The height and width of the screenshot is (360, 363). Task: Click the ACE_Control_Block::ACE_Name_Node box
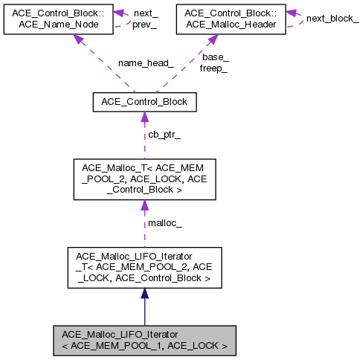(x=57, y=19)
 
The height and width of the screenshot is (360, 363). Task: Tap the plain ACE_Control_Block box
(x=144, y=102)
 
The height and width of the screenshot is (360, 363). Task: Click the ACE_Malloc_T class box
(x=144, y=179)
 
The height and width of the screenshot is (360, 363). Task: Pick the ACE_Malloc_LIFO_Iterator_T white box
(x=144, y=269)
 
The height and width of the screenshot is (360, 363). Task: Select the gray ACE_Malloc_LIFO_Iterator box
(x=144, y=339)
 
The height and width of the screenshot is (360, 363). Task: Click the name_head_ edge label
(x=145, y=64)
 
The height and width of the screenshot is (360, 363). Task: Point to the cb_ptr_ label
(x=165, y=135)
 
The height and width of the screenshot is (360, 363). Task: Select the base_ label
(x=215, y=57)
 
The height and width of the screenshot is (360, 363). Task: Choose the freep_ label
(x=213, y=68)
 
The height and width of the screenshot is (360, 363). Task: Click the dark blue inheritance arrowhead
(x=144, y=294)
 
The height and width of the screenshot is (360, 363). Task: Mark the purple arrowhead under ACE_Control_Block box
(x=144, y=118)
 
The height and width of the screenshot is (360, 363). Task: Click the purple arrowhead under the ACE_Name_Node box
(x=77, y=39)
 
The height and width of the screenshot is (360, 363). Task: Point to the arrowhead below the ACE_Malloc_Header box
(x=211, y=39)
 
